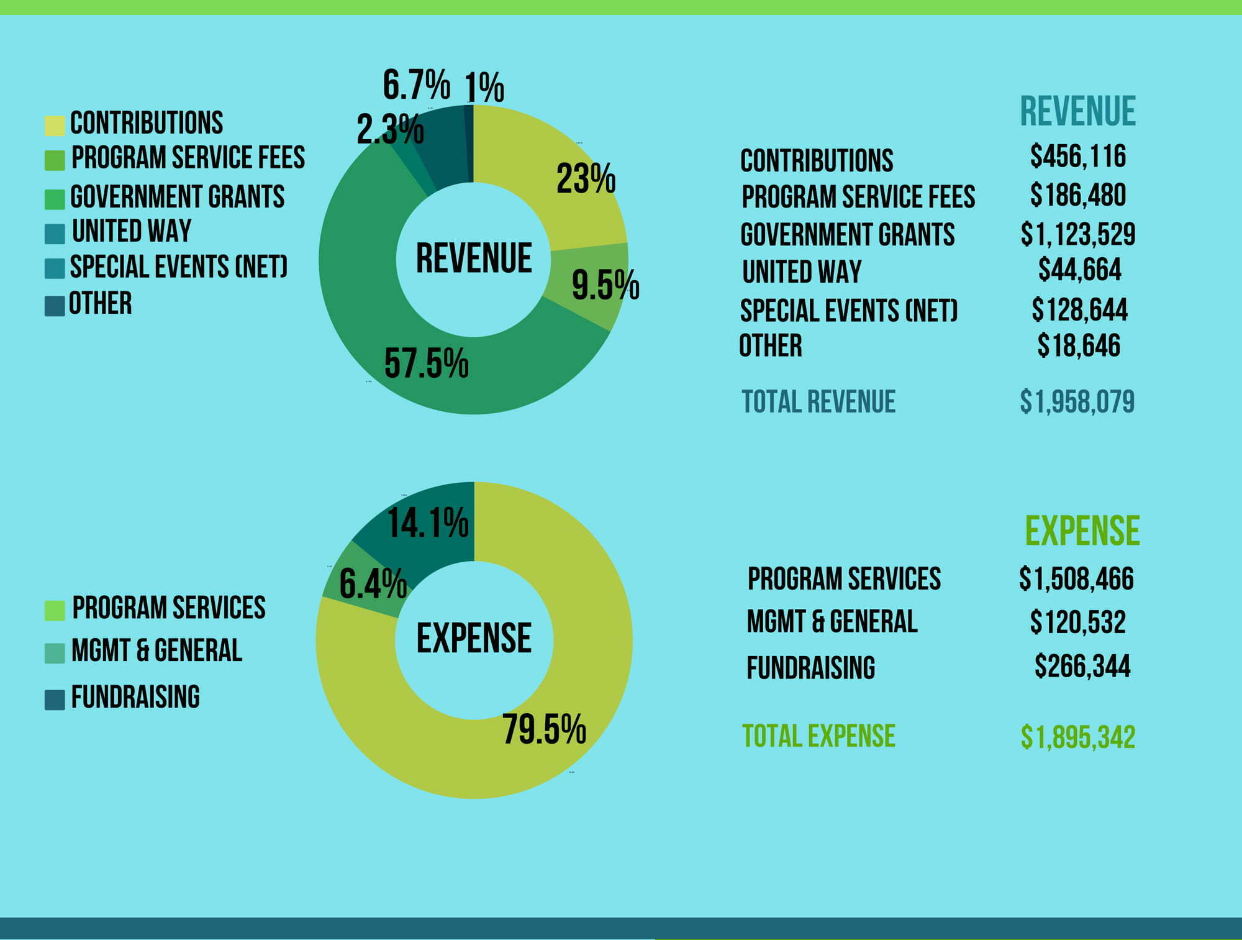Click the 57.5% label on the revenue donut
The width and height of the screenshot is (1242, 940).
[x=426, y=363]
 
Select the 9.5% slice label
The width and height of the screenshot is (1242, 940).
[x=605, y=285]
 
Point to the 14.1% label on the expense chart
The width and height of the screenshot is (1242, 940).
[x=428, y=522]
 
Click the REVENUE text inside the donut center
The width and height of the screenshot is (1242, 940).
[x=474, y=258]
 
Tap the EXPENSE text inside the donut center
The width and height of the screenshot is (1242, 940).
[x=474, y=638]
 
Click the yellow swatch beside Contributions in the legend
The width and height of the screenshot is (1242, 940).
[x=55, y=125]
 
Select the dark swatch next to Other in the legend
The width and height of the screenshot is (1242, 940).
[x=55, y=306]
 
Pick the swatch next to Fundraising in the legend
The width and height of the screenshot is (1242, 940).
[x=55, y=699]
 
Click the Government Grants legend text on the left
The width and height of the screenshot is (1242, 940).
[x=177, y=197]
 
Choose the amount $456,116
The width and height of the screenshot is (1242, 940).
[x=1078, y=156]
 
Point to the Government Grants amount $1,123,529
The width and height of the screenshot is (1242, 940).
[x=1078, y=234]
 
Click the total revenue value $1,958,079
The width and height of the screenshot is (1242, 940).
[x=1077, y=401]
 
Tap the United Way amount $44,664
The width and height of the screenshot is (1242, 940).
[x=1080, y=270]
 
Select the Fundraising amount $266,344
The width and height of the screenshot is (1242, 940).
[x=1082, y=666]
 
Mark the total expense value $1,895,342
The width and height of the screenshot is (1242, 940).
[x=1078, y=737]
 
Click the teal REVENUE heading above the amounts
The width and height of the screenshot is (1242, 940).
[x=1078, y=112]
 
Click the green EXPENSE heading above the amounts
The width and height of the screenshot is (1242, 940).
[x=1082, y=531]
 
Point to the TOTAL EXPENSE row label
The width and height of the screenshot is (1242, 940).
[x=818, y=736]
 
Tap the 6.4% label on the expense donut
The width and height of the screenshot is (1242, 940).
[x=373, y=584]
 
